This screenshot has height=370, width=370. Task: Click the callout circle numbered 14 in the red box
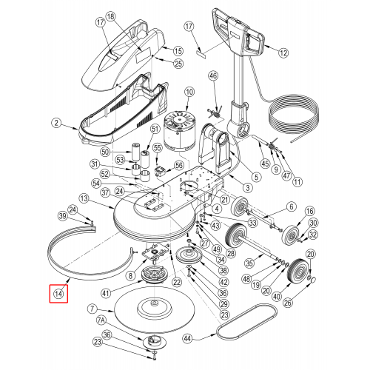pyautogui.click(x=58, y=294)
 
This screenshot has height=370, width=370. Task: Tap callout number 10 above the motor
pyautogui.click(x=189, y=92)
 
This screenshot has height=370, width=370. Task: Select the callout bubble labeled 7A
pyautogui.click(x=101, y=320)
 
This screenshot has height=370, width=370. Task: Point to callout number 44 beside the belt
pyautogui.click(x=188, y=338)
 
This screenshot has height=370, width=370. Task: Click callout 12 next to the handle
pyautogui.click(x=283, y=53)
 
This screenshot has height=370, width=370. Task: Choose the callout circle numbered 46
pyautogui.click(x=214, y=75)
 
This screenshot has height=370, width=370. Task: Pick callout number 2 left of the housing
pyautogui.click(x=57, y=123)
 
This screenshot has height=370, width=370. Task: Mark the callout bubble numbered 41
pyautogui.click(x=106, y=293)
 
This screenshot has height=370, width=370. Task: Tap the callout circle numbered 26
pyautogui.click(x=288, y=303)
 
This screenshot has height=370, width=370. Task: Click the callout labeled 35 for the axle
pyautogui.click(x=249, y=263)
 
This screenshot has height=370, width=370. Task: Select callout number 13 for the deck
pyautogui.click(x=84, y=198)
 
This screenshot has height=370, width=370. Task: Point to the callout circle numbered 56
pyautogui.click(x=179, y=165)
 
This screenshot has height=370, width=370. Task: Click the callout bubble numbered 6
pyautogui.click(x=292, y=206)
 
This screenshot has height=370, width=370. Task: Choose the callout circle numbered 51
pyautogui.click(x=155, y=129)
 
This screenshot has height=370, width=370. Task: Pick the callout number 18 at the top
pyautogui.click(x=111, y=17)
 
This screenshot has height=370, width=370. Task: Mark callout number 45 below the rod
pyautogui.click(x=265, y=164)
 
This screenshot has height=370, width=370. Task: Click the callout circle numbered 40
pyautogui.click(x=277, y=296)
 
